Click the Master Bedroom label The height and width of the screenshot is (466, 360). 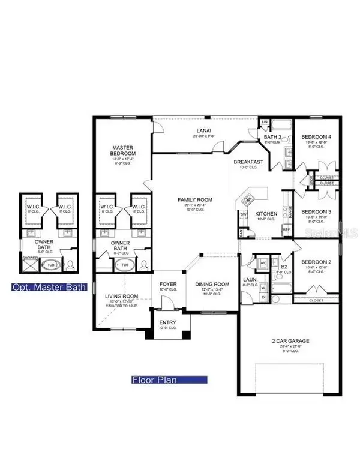[x=123, y=151]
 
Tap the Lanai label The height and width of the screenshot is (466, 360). [x=200, y=129]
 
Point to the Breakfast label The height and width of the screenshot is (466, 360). [x=249, y=162]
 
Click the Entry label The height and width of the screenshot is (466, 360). [x=167, y=322]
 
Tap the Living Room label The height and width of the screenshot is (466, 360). [x=118, y=296]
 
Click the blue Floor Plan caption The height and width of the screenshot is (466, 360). [x=169, y=380]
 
